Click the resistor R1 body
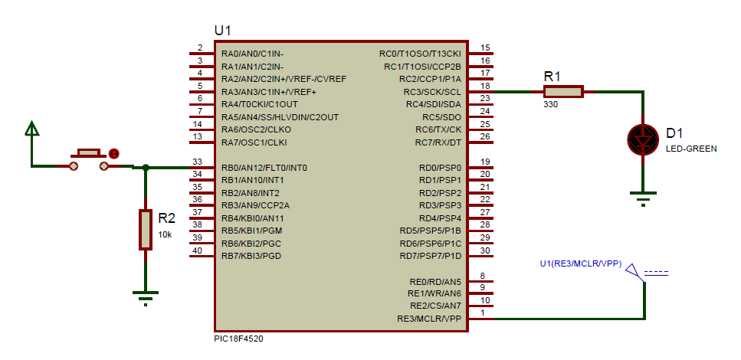(563, 92)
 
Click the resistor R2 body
(146, 229)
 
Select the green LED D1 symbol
(643, 139)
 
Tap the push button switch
(89, 159)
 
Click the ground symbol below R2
(145, 296)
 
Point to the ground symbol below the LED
(644, 198)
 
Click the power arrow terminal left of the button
(32, 129)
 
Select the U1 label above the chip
(222, 31)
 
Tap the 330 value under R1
(551, 105)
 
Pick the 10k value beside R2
(165, 234)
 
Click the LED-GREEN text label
(691, 149)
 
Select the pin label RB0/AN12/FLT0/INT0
(264, 168)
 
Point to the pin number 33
(198, 162)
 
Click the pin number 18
(484, 86)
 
